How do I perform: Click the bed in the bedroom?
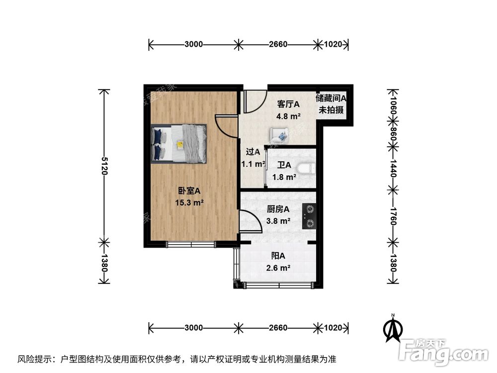179,143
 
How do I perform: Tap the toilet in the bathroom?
307,169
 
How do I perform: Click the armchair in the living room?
279,134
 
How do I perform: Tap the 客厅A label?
288,104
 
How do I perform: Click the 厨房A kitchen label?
278,209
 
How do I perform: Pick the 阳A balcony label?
278,256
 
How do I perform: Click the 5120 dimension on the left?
104,166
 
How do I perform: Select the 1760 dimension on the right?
393,215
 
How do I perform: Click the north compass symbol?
393,328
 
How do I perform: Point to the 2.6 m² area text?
278,268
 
